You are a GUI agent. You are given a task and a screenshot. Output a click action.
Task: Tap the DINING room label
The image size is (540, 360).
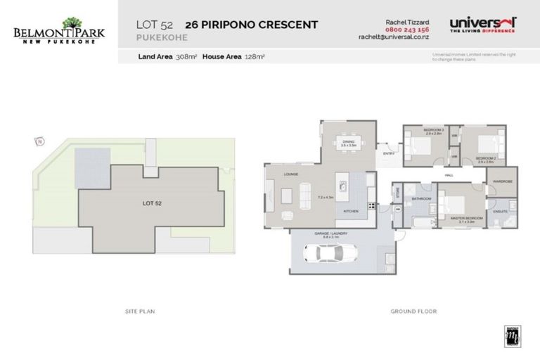[349, 142]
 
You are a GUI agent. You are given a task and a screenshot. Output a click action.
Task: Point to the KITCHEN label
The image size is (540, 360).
[352, 211]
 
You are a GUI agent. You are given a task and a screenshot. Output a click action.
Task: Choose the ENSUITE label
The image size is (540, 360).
[501, 210]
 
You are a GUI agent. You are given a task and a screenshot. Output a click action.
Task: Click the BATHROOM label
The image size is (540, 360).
[421, 199]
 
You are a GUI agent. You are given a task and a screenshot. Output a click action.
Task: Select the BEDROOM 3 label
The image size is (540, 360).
[433, 131]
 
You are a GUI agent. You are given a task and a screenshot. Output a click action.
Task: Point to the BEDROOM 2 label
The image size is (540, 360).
[486, 159]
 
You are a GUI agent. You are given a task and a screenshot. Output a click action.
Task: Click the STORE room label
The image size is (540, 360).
[397, 191]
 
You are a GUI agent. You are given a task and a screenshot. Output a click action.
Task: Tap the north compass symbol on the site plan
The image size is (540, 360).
[40, 142]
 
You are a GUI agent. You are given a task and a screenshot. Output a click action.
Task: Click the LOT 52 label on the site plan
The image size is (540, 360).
[153, 202]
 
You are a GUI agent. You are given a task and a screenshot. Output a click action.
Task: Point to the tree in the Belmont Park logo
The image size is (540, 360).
[72, 23]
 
